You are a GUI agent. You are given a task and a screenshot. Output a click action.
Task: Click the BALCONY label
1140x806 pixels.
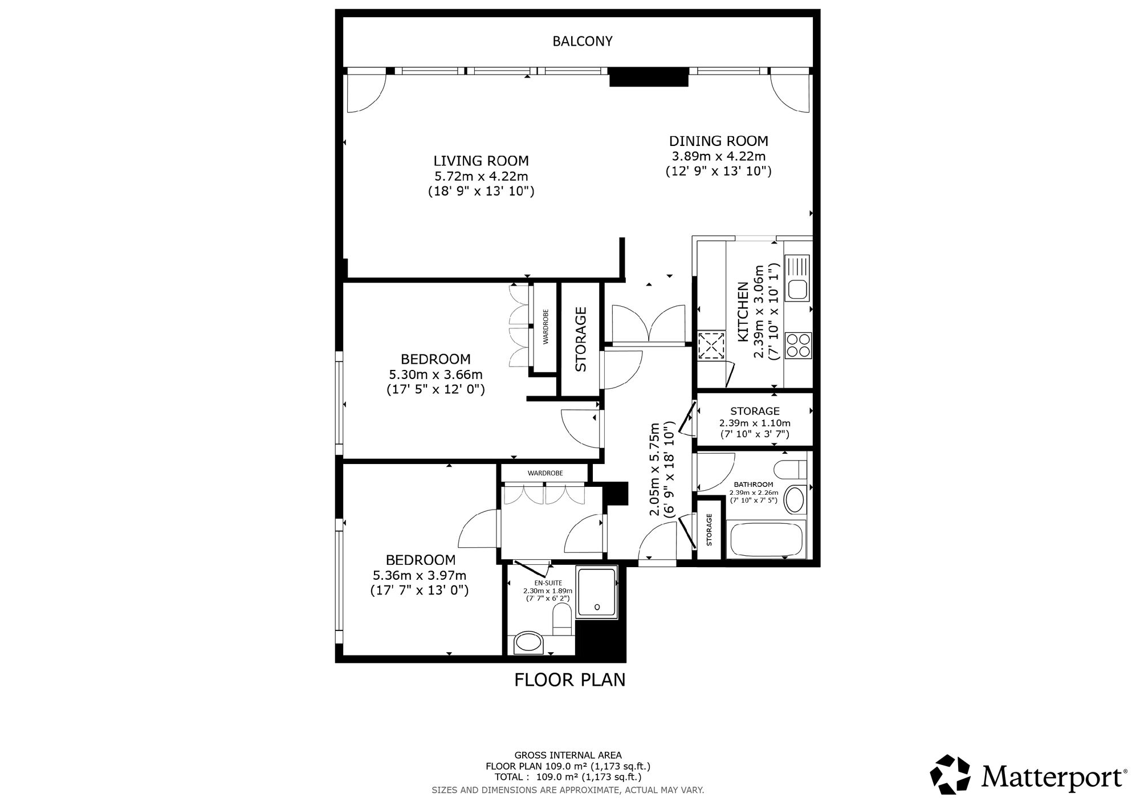click(x=583, y=41)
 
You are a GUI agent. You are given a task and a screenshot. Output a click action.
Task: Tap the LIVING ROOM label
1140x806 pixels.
click(x=481, y=161)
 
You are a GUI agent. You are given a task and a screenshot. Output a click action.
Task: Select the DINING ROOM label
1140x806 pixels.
click(x=718, y=141)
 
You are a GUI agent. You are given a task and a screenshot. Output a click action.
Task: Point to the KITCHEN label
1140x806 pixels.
click(x=743, y=312)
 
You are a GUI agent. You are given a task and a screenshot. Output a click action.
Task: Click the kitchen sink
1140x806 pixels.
click(x=797, y=278)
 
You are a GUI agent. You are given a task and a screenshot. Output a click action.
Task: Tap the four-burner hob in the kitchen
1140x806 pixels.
click(x=798, y=345)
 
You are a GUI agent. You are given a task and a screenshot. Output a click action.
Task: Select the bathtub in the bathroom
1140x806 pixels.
click(x=767, y=539)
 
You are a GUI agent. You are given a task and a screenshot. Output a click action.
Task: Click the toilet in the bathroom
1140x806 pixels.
click(x=793, y=470)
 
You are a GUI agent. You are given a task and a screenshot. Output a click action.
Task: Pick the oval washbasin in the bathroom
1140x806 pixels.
click(x=793, y=499)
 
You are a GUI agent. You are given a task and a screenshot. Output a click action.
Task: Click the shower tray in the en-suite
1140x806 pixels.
click(x=597, y=592)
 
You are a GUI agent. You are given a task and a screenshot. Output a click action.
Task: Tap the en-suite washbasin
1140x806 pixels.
click(x=529, y=643)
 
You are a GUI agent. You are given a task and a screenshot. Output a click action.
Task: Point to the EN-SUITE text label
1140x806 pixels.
click(x=548, y=583)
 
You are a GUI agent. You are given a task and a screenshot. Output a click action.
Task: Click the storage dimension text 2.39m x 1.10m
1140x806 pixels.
click(x=755, y=423)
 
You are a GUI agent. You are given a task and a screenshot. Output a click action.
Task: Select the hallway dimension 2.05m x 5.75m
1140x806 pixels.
click(x=655, y=469)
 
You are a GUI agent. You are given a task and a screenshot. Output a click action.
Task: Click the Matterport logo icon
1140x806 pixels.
click(x=950, y=774)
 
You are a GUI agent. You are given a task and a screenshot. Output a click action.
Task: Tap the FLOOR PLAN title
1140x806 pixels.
click(x=570, y=680)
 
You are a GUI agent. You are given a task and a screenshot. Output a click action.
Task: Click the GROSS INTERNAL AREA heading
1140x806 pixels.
click(x=568, y=755)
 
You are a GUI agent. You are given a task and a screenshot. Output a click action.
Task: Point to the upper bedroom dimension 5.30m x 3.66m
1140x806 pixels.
click(x=435, y=375)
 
